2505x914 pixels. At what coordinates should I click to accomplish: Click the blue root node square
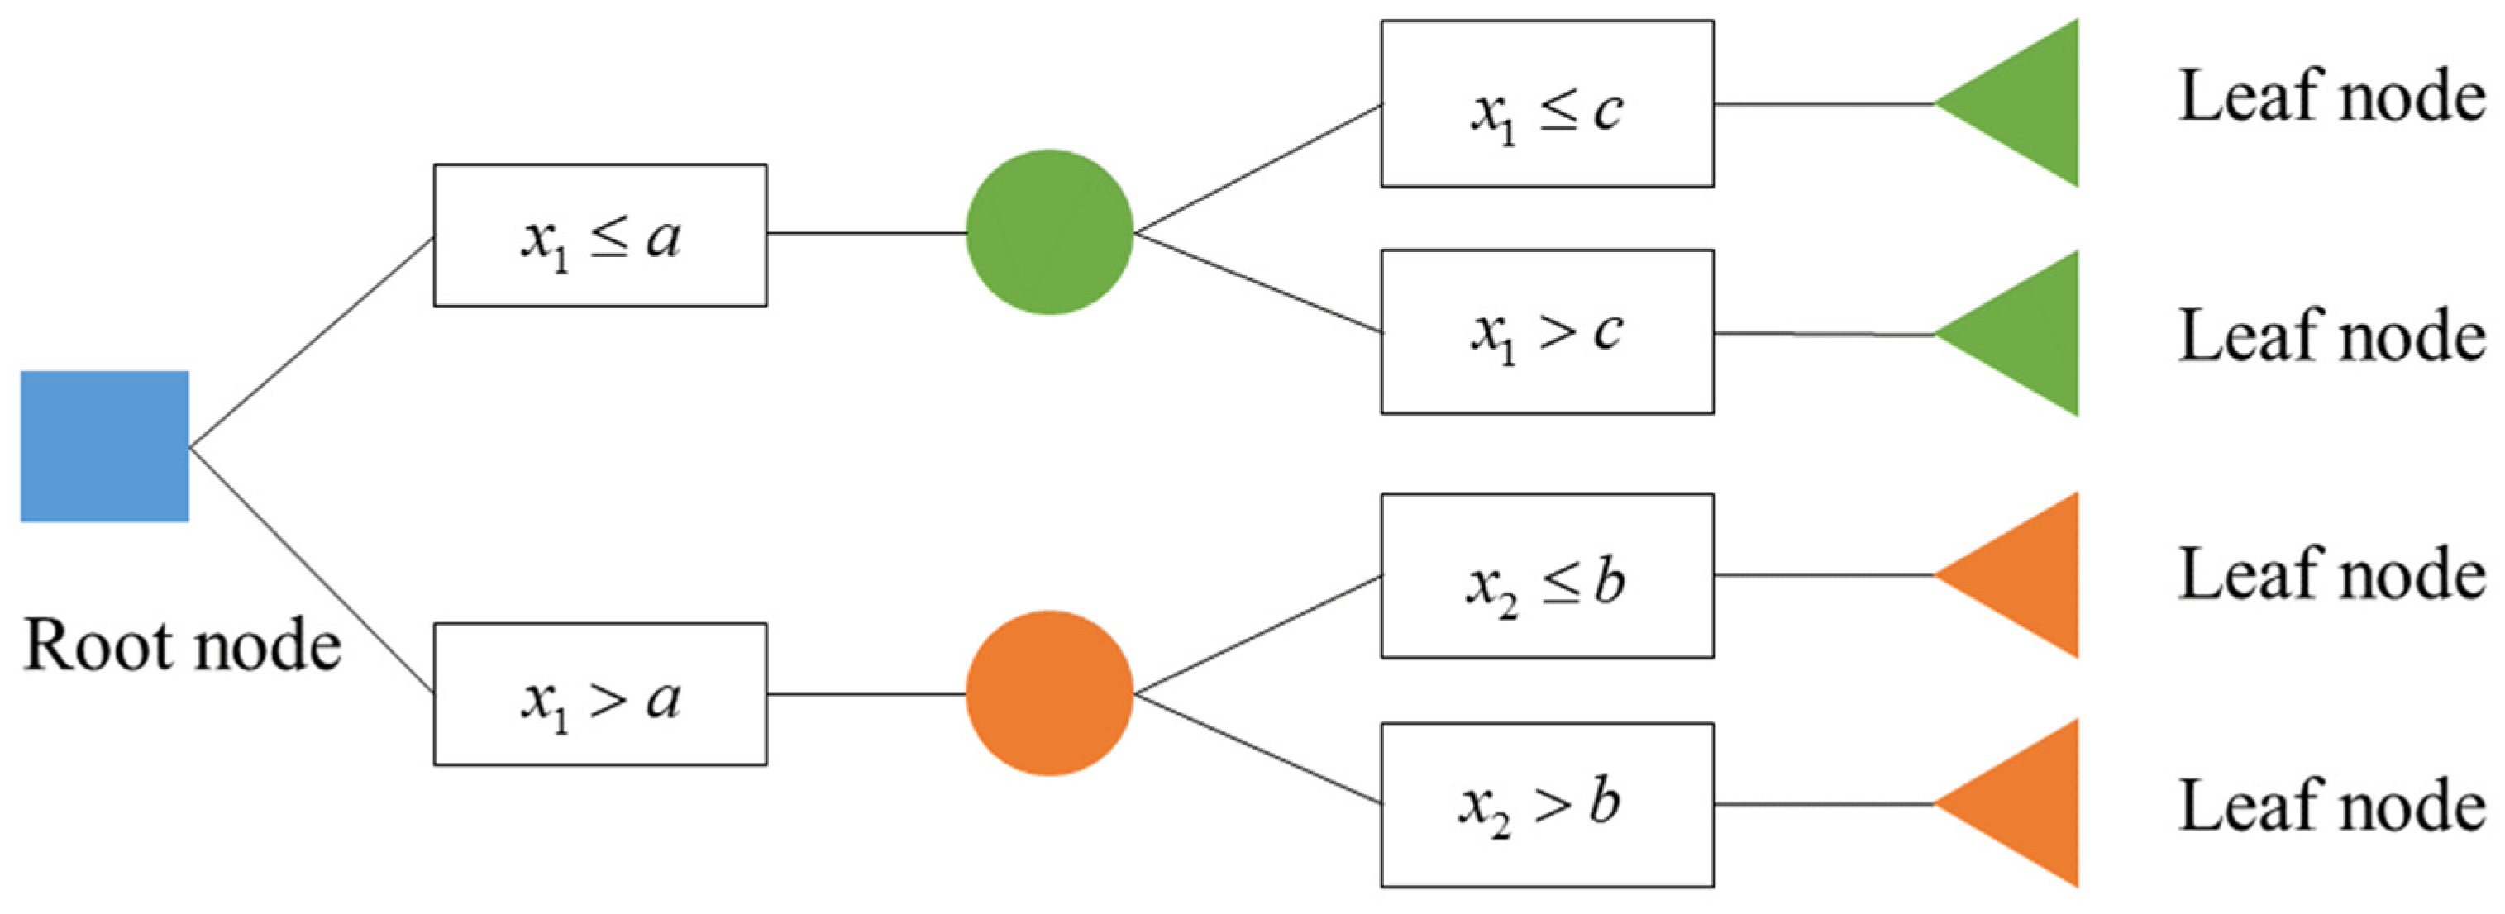(105, 445)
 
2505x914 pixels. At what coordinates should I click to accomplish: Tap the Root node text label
(182, 645)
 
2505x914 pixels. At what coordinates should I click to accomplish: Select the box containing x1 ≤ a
(600, 236)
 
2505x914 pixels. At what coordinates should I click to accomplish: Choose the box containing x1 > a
(600, 694)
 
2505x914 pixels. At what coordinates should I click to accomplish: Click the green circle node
(1049, 231)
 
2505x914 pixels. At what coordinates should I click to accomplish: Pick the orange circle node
(1049, 693)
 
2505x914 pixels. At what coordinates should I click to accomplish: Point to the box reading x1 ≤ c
(1547, 104)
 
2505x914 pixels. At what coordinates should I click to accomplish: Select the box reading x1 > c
(1547, 331)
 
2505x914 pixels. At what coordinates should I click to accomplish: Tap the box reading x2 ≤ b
(1547, 576)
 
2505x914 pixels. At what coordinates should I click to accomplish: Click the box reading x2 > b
(1547, 804)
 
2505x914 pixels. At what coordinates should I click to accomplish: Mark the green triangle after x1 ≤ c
(2027, 103)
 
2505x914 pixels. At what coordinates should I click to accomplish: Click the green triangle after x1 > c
(2027, 334)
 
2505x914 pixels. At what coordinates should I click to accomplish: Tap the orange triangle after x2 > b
(2027, 803)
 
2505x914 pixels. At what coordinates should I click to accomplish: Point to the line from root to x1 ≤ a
(311, 342)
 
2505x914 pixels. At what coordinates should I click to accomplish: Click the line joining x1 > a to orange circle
(866, 694)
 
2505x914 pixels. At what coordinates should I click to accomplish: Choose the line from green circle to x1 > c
(1258, 282)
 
